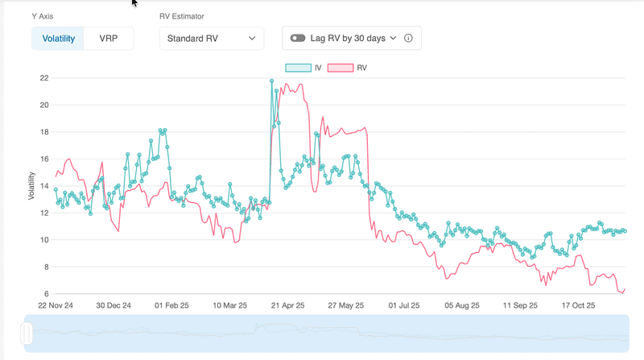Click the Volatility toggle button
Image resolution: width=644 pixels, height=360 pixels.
(x=58, y=38)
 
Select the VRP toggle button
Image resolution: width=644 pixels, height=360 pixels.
(x=109, y=38)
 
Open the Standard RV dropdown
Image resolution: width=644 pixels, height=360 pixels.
(x=211, y=38)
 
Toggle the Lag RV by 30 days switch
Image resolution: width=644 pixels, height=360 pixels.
(x=299, y=38)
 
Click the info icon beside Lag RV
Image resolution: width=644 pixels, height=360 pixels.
(x=408, y=38)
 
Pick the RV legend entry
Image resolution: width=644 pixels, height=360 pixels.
(x=353, y=68)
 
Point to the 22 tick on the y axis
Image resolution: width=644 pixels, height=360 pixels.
(x=44, y=78)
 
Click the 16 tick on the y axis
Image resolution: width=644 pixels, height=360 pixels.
(x=44, y=159)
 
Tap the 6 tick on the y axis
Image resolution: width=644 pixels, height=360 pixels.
(x=47, y=293)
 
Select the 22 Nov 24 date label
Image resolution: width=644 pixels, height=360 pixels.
(x=56, y=306)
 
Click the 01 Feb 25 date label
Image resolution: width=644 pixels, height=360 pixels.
(x=171, y=306)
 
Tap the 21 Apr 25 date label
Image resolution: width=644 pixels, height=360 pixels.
(x=287, y=306)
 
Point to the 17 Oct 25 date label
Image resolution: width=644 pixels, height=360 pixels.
(x=577, y=306)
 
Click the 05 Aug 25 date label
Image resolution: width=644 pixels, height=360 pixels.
(x=461, y=306)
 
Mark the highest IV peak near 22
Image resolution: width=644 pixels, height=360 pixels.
(x=271, y=81)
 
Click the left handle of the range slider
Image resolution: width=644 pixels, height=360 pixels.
(x=27, y=333)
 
